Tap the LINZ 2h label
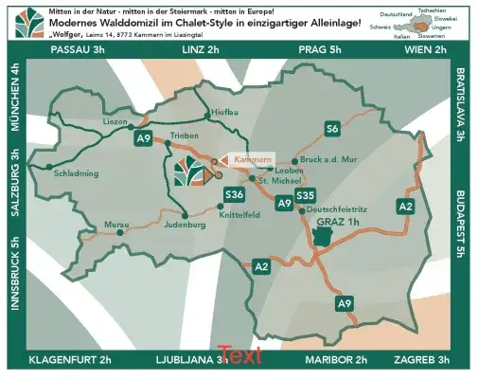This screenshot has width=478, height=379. pos(200,49)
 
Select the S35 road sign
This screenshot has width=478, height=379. pos(304,195)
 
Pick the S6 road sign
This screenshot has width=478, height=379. pos(331,128)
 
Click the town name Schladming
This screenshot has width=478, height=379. pos(79,174)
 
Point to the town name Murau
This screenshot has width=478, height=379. pos(116,225)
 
